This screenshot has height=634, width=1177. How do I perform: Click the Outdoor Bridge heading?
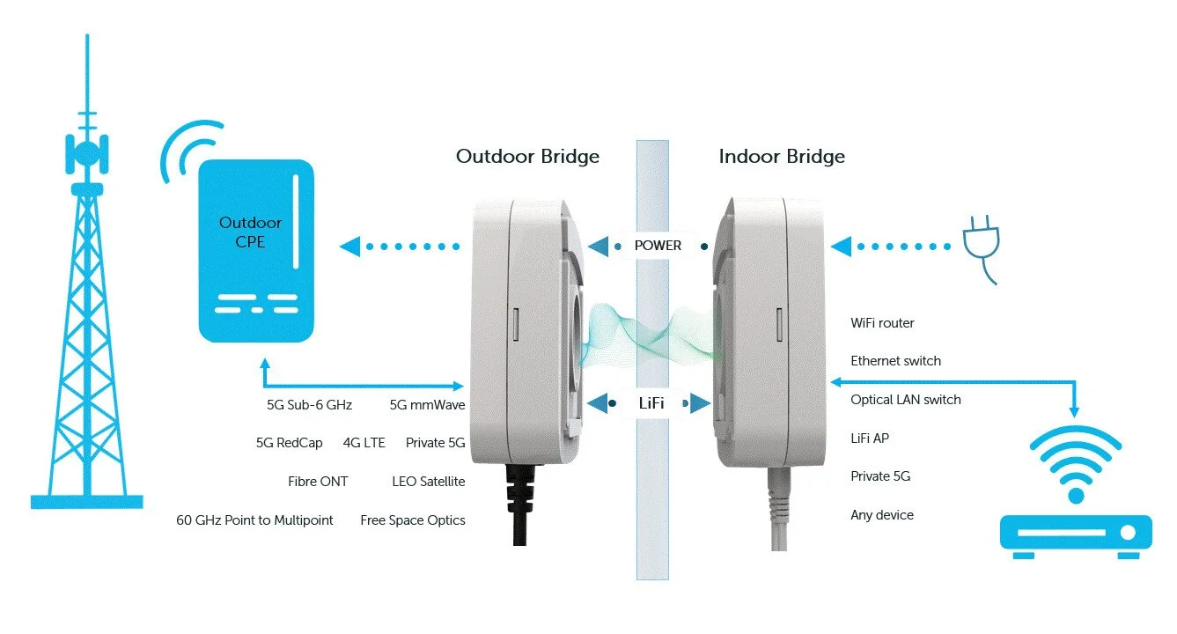pyautogui.click(x=527, y=157)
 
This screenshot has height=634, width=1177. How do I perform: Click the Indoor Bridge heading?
pyautogui.click(x=782, y=157)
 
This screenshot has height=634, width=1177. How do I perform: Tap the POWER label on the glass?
pyautogui.click(x=658, y=246)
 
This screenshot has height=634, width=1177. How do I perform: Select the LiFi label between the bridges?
pyautogui.click(x=651, y=403)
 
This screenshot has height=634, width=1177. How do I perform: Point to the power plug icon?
pyautogui.click(x=979, y=249)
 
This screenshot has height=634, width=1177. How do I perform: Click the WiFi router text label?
pyautogui.click(x=882, y=323)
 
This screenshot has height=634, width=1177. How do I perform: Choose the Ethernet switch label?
pyautogui.click(x=895, y=361)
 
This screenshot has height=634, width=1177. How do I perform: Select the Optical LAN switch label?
pyautogui.click(x=905, y=400)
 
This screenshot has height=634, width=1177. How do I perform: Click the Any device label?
pyautogui.click(x=881, y=515)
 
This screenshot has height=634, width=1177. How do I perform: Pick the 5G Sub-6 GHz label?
pyautogui.click(x=309, y=405)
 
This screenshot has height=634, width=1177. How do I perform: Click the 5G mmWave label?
pyautogui.click(x=427, y=405)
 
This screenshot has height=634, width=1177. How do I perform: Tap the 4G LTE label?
pyautogui.click(x=364, y=443)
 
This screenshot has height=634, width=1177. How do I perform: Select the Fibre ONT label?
pyautogui.click(x=317, y=482)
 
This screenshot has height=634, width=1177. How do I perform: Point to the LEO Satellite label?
pyautogui.click(x=428, y=482)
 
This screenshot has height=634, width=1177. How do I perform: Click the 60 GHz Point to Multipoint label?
pyautogui.click(x=254, y=520)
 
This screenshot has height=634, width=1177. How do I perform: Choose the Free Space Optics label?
pyautogui.click(x=412, y=520)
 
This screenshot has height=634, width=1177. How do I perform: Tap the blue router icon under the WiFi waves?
pyautogui.click(x=1075, y=533)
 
